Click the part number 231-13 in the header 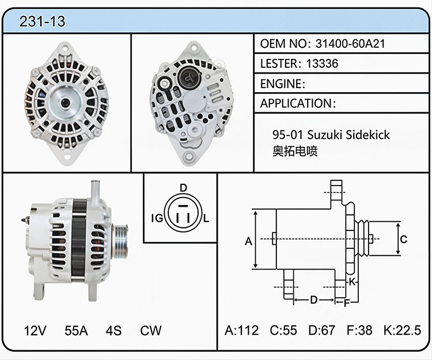pyautogui.click(x=42, y=21)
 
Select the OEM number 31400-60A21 pyautogui.click(x=350, y=44)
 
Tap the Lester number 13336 pyautogui.click(x=322, y=63)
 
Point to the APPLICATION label pyautogui.click(x=296, y=103)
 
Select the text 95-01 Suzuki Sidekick pyautogui.click(x=331, y=135)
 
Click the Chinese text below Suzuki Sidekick pyautogui.click(x=295, y=151)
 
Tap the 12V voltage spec pyautogui.click(x=35, y=331)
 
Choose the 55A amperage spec pyautogui.click(x=76, y=331)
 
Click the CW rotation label pyautogui.click(x=151, y=331)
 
